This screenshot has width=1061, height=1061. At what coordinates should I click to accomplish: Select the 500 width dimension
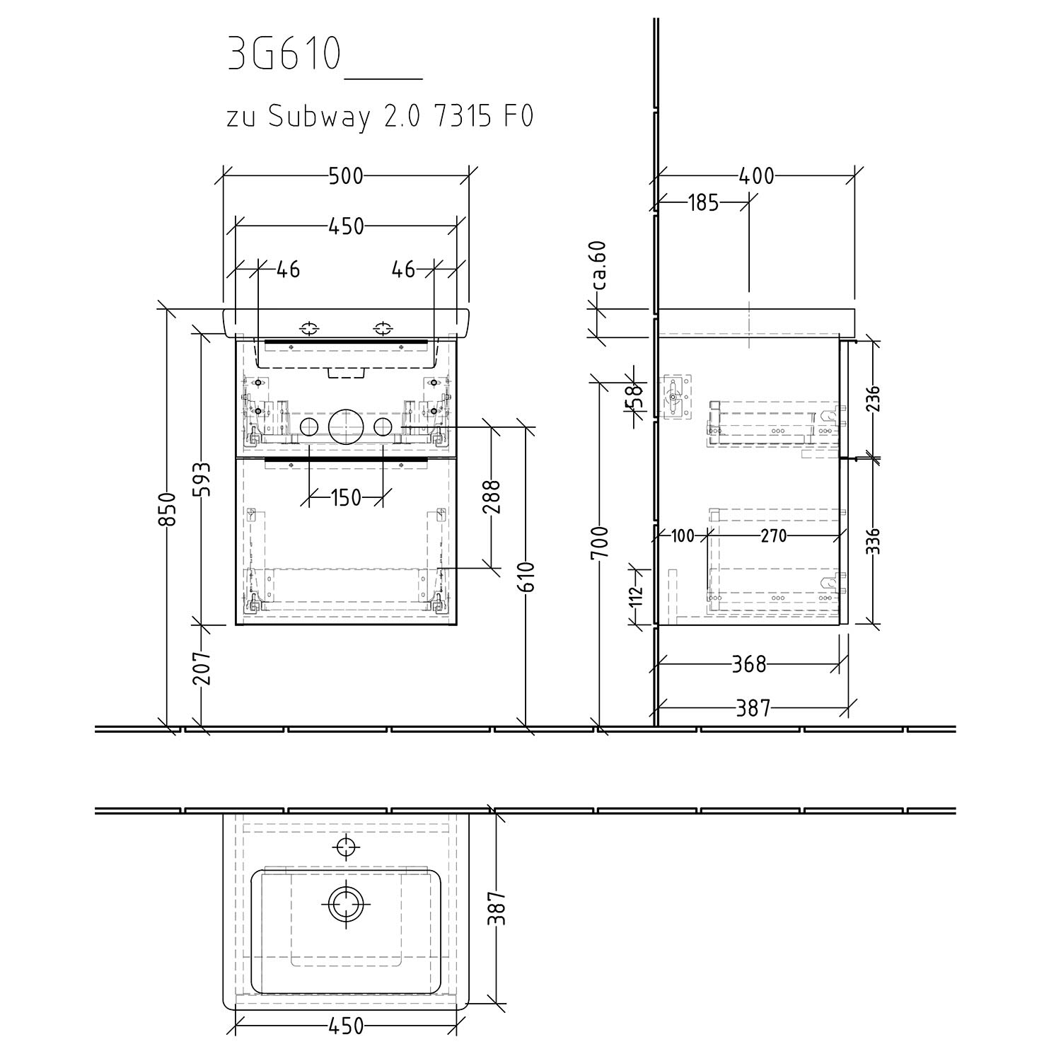[346, 175]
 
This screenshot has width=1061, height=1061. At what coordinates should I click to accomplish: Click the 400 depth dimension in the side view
[756, 175]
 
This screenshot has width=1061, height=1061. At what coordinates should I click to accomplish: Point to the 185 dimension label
[703, 204]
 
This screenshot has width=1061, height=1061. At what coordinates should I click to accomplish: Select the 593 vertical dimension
[202, 480]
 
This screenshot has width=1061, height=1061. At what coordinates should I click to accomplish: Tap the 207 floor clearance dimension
[202, 668]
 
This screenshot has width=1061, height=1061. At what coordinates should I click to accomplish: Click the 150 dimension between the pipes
[346, 498]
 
